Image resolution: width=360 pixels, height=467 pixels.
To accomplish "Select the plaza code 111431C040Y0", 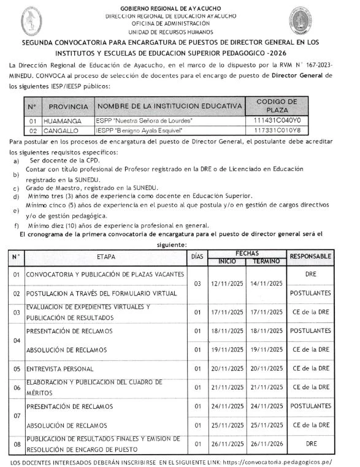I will [x=277, y=121].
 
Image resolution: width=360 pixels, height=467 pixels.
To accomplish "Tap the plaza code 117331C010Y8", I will [x=277, y=131].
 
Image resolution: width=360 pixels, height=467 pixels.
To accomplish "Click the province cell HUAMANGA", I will [x=67, y=121].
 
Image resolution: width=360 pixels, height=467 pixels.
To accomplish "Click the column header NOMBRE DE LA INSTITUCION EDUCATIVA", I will [x=169, y=107].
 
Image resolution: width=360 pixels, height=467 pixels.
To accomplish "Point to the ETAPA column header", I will [x=105, y=257].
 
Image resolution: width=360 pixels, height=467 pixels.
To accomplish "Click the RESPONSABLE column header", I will [x=311, y=256].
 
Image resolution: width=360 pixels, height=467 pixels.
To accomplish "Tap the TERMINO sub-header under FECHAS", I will [x=266, y=261].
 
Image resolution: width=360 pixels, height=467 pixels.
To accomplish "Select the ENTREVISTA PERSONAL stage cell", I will [x=60, y=369].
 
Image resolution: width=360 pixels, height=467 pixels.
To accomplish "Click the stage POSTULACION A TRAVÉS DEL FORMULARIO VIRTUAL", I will [x=101, y=294].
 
